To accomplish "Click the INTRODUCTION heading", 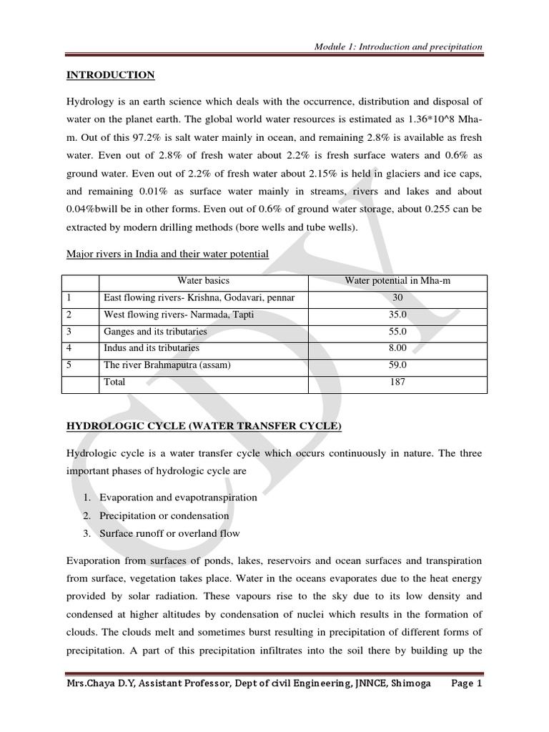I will tap(110, 75).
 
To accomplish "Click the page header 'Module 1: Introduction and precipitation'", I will tap(398, 46).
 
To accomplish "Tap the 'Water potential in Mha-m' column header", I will tap(397, 281).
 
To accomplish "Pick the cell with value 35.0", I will tap(397, 315).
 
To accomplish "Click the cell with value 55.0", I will tap(397, 332).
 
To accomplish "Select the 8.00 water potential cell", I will tap(397, 348).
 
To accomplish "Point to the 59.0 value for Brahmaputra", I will tap(397, 365).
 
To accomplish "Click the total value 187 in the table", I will tap(397, 382).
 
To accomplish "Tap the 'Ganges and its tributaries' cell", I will tap(155, 332).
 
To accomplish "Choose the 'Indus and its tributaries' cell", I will tap(152, 348).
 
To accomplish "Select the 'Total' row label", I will tap(114, 382).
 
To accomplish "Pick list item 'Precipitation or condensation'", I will tap(164, 515).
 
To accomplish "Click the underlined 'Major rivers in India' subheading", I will tap(167, 254).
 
